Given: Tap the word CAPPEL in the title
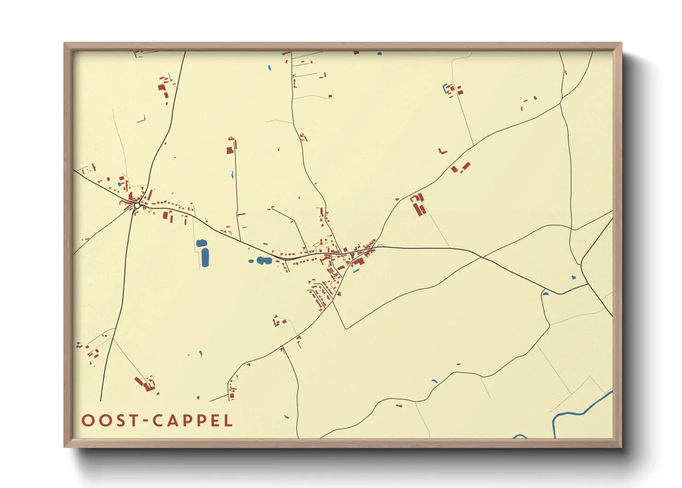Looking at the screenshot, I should tap(193, 421).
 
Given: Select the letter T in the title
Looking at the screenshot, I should tap(134, 421).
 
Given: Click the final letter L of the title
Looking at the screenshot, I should tap(228, 421).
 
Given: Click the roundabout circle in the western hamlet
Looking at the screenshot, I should tap(137, 205).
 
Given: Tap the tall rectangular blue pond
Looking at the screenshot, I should tap(205, 257).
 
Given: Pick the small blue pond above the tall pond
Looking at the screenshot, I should tap(201, 243).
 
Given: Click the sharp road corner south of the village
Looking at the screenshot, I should tap(346, 328).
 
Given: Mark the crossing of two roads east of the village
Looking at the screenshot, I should tap(481, 256).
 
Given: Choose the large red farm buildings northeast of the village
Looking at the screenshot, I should tap(418, 205).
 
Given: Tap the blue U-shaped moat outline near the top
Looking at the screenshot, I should tap(446, 89).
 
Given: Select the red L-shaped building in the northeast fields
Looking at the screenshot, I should tap(442, 151).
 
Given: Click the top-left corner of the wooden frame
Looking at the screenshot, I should tap(65, 43).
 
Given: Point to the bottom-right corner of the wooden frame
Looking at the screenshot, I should tap(621, 446).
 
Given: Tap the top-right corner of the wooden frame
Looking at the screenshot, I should tap(621, 43).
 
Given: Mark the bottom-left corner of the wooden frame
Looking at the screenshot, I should tap(65, 446).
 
